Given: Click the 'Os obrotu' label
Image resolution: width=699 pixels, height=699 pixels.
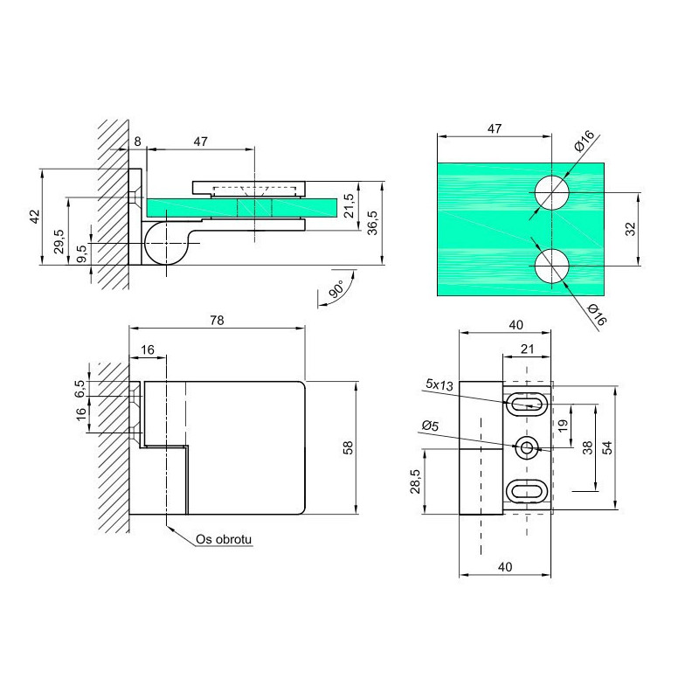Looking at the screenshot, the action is (224, 539).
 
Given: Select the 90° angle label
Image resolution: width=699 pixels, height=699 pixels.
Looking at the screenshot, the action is (337, 289).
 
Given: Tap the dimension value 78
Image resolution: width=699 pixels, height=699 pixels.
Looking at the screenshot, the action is (217, 321).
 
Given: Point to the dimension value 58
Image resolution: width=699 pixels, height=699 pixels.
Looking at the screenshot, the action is (348, 447).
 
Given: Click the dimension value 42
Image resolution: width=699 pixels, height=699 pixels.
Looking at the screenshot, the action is (35, 217).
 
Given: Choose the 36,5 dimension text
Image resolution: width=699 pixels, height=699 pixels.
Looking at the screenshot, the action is (372, 223).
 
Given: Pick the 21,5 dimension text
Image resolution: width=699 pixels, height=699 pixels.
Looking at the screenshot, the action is (349, 205).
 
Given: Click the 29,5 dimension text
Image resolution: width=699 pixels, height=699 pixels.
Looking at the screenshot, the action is (59, 241).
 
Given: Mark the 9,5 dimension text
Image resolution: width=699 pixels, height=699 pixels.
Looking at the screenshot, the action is (81, 254).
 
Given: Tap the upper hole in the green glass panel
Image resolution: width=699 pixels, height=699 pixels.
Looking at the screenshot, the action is (552, 192).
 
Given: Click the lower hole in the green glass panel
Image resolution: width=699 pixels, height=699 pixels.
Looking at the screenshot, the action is (552, 266).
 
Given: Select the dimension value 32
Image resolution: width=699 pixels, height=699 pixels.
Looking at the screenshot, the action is (630, 229).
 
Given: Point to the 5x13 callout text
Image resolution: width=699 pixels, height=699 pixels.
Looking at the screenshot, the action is (439, 384).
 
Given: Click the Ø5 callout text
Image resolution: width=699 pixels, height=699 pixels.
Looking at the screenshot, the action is (430, 426).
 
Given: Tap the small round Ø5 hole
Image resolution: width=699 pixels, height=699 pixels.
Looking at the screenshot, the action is (527, 447).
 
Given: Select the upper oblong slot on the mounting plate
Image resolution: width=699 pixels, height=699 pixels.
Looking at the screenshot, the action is (527, 405).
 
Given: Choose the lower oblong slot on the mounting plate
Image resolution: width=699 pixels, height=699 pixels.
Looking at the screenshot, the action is (527, 491).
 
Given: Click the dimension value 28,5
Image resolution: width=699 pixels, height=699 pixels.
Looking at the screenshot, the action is (416, 481).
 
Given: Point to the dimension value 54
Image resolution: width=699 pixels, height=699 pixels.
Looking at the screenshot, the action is (606, 447).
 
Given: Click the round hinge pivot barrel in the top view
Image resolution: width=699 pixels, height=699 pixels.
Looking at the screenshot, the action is (166, 243).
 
